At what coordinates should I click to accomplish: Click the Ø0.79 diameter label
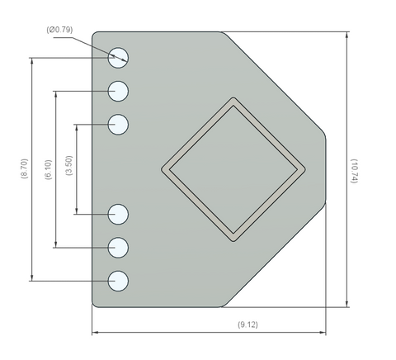[x=59, y=30]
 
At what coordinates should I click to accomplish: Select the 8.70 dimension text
[x=25, y=168]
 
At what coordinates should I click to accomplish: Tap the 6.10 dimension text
[x=48, y=169]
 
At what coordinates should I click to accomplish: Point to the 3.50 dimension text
[x=69, y=165]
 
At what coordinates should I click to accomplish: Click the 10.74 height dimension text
[x=354, y=171]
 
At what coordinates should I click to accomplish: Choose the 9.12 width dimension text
[x=247, y=324]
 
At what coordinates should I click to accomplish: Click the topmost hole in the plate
[x=118, y=58]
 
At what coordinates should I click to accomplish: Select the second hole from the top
[x=118, y=91]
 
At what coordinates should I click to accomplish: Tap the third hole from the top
[x=118, y=125]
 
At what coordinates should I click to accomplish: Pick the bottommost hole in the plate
[x=118, y=281]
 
